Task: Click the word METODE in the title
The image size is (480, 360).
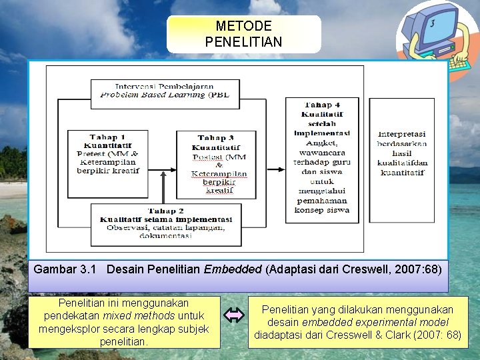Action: pyautogui.click(x=243, y=27)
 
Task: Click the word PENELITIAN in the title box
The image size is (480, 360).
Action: pyautogui.click(x=243, y=41)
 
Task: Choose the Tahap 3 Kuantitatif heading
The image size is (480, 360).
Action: pyautogui.click(x=216, y=143)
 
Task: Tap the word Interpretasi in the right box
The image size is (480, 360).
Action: pyautogui.click(x=401, y=134)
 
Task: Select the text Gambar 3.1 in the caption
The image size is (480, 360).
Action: pyautogui.click(x=65, y=270)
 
